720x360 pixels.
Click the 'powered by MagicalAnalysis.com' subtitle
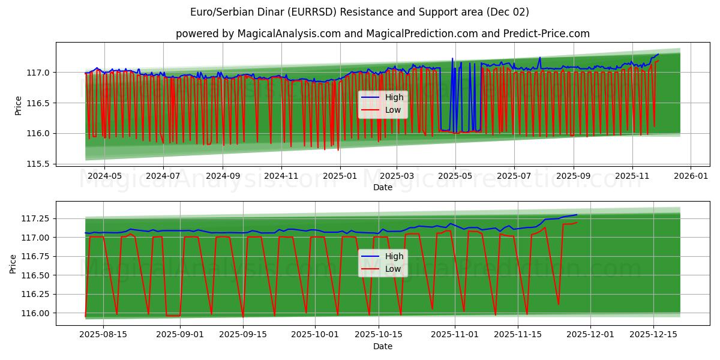pos(382,34)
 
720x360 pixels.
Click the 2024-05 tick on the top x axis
pos(105,176)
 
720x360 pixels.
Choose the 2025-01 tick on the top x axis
pos(340,176)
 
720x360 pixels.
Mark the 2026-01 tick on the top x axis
pos(691,176)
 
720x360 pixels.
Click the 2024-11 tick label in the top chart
pos(281,176)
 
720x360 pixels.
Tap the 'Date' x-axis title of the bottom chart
pos(382,346)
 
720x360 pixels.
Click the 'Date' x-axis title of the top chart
pos(382,187)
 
